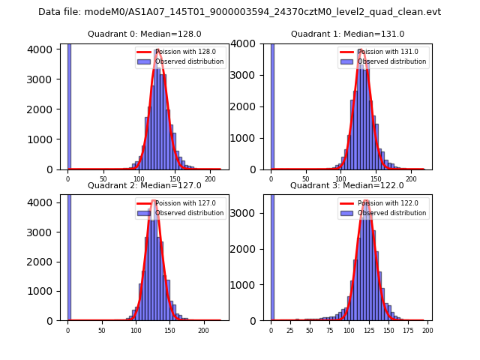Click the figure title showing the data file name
[239, 12]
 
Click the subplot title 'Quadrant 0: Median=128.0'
[144, 34]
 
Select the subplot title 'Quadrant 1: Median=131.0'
[347, 34]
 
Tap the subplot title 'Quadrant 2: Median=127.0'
[144, 185]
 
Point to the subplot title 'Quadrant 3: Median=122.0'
[347, 185]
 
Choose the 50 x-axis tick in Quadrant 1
[306, 179]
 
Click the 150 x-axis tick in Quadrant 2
[169, 330]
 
